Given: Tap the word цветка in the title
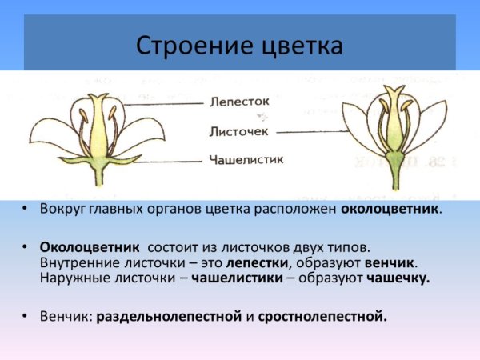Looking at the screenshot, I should coord(296,45).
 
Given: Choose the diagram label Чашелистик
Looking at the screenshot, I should coord(245,160).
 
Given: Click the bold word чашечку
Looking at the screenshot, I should coord(398,278).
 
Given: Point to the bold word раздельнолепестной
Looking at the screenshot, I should coord(169,316).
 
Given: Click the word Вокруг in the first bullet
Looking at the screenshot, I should coord(61,209).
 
